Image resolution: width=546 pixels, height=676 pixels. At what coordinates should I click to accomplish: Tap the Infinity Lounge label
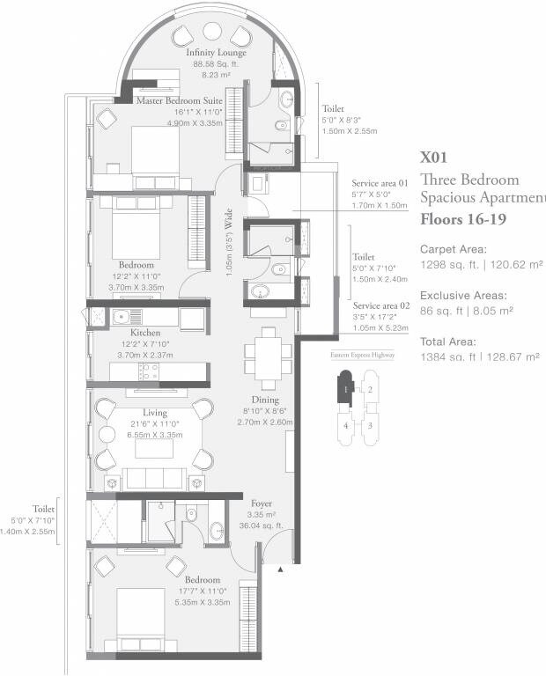tap(216, 53)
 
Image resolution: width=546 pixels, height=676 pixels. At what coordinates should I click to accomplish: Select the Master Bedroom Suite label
tap(179, 101)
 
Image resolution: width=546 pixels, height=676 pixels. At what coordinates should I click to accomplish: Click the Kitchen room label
tap(145, 333)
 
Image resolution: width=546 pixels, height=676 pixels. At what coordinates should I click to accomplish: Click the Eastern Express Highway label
tap(362, 355)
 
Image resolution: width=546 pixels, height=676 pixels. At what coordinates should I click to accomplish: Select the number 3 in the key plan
tap(371, 425)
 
